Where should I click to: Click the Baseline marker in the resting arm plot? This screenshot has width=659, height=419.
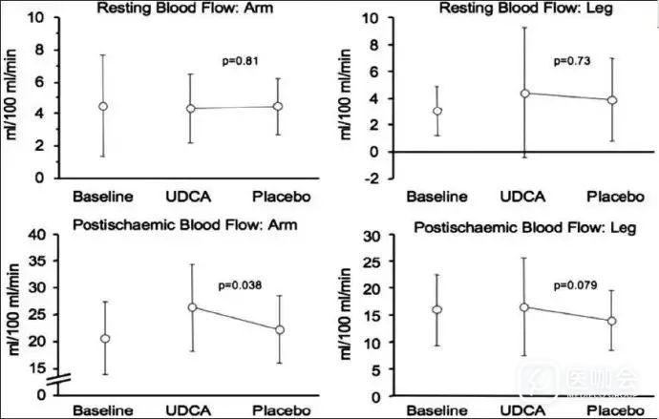coord(103,106)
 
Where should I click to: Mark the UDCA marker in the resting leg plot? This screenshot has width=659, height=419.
coord(524,93)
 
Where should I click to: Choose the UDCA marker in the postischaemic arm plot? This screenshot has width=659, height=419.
coord(192,306)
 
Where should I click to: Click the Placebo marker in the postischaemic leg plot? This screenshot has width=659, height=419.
coord(611,322)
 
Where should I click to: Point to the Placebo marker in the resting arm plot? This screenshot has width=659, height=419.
coord(279,106)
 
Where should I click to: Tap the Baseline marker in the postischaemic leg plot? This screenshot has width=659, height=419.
coord(436,309)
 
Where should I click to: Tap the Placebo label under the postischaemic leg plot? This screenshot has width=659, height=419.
coord(611,411)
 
